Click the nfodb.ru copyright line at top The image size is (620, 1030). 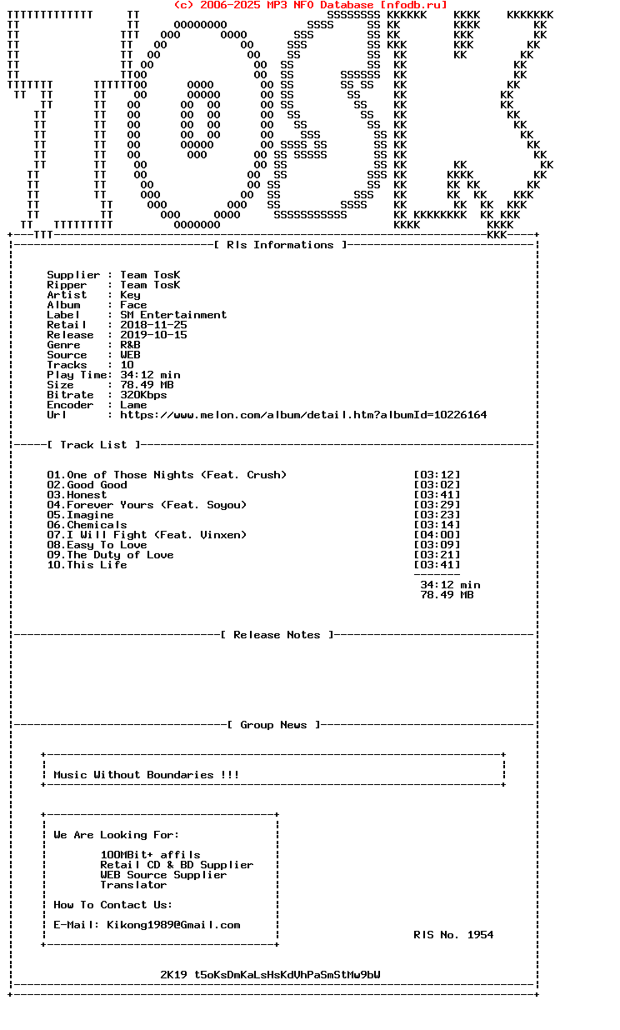click(x=310, y=5)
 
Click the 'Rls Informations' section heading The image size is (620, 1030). click(x=280, y=245)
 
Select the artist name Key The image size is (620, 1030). click(x=130, y=295)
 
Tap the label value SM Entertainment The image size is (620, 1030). click(x=173, y=315)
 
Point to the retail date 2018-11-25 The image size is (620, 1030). click(x=153, y=325)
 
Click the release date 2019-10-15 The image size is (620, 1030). click(x=153, y=335)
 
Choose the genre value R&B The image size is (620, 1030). click(x=130, y=345)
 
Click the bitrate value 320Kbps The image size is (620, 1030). click(x=143, y=395)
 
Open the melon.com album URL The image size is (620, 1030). click(x=303, y=415)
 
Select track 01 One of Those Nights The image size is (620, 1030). click(x=167, y=475)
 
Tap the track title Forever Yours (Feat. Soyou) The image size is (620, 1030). click(x=157, y=505)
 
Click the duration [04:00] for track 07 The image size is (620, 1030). click(x=437, y=535)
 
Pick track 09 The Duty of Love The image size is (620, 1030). click(x=111, y=555)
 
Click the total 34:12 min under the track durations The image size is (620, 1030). click(x=450, y=585)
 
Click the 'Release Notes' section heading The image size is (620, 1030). click(x=277, y=635)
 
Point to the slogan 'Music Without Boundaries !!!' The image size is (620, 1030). click(x=147, y=775)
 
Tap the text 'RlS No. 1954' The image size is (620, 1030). click(x=453, y=935)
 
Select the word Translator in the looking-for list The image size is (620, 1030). click(x=133, y=885)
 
